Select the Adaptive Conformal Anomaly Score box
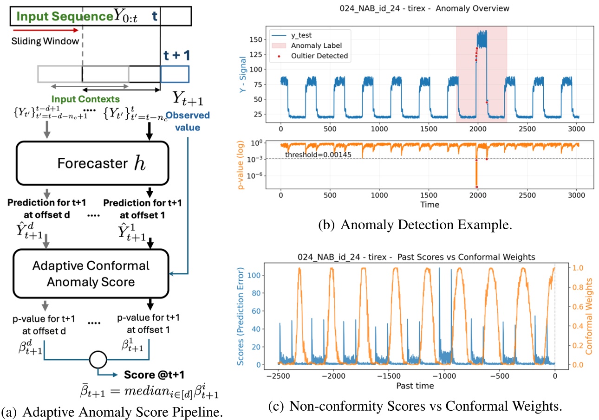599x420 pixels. [x=91, y=273]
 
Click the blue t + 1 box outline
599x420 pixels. [x=175, y=74]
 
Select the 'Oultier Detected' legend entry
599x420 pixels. [x=319, y=56]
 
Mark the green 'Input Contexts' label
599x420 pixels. [x=85, y=99]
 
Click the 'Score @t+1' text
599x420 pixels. [x=149, y=374]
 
